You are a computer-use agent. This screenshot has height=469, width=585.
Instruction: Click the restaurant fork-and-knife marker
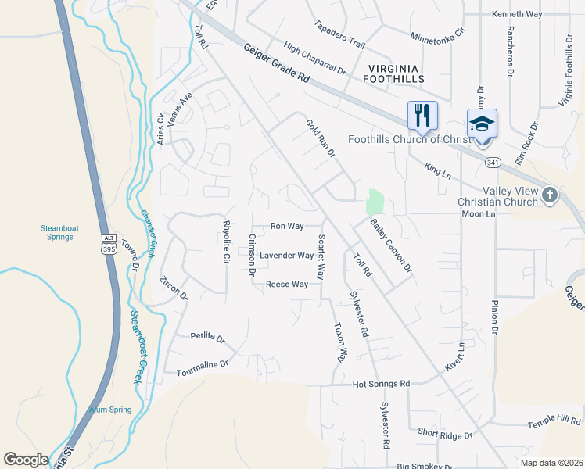pyautogui.click(x=421, y=116)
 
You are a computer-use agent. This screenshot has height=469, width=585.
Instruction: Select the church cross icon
pyautogui.click(x=550, y=194)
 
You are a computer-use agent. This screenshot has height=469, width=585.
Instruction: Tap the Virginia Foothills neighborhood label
pyautogui.click(x=394, y=73)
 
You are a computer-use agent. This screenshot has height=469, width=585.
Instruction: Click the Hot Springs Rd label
pyautogui.click(x=381, y=384)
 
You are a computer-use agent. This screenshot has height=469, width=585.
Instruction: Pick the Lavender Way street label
pyautogui.click(x=286, y=256)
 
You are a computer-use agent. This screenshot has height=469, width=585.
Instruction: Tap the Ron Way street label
pyautogui.click(x=286, y=226)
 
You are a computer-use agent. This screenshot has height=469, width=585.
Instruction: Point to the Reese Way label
pyautogui.click(x=286, y=285)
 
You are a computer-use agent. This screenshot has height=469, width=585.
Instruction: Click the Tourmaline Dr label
pyautogui.click(x=202, y=363)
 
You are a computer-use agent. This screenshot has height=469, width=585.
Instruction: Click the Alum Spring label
pyautogui.click(x=109, y=410)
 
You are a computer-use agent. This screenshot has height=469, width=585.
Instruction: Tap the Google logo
pyautogui.click(x=26, y=460)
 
